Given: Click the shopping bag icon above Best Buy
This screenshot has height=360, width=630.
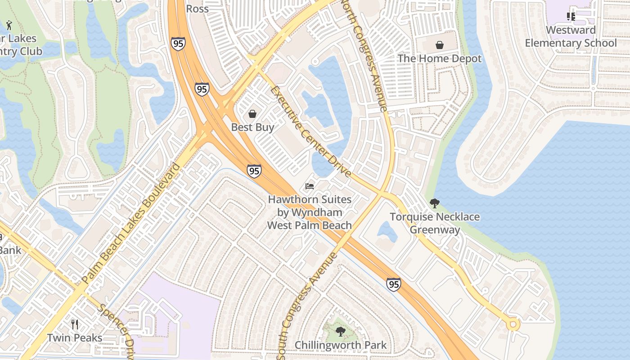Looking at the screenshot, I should tap(252, 114).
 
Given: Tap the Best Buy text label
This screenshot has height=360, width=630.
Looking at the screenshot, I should tap(252, 127).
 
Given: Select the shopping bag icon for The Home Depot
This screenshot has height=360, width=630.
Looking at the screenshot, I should tap(439, 45).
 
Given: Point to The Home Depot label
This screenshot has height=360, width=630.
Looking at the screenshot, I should tap(439, 58).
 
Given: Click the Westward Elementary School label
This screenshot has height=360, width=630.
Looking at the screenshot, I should tap(571, 36).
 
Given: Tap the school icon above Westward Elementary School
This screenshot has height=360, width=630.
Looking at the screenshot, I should tap(571, 17).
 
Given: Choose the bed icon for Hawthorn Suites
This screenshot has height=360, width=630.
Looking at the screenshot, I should tap(309, 186).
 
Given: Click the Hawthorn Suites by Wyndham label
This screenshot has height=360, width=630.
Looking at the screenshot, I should tap(310, 212).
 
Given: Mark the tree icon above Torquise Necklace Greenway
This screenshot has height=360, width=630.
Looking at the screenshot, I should tap(434, 203).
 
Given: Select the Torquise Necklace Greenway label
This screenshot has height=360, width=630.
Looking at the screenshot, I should tap(435, 223).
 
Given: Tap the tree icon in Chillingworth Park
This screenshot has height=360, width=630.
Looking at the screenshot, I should tap(341, 332).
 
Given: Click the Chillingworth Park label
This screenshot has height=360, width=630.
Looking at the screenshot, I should tap(341, 346).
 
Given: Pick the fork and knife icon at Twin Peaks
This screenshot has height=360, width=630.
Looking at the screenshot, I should tap(75, 324).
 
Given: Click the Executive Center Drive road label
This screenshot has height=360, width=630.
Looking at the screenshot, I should tap(310, 131).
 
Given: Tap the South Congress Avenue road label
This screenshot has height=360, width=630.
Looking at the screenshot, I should tap(307, 306).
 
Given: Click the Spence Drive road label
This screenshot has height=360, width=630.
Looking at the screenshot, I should tap(115, 331).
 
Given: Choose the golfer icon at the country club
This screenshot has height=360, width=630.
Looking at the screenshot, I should tap(9, 25).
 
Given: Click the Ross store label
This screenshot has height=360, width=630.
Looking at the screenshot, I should tap(197, 9).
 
